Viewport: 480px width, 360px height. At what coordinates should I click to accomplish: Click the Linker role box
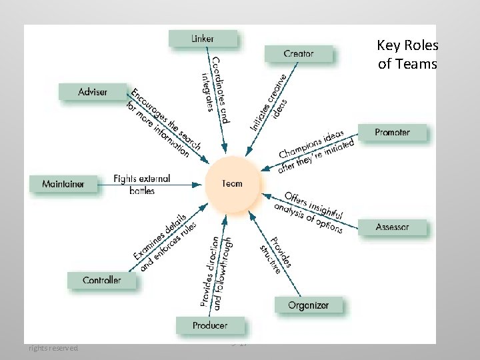click(203, 39)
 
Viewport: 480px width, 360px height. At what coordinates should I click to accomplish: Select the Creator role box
click(298, 53)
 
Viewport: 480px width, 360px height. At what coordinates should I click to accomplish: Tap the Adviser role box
click(93, 92)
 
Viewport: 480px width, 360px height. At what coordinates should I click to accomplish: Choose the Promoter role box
click(392, 133)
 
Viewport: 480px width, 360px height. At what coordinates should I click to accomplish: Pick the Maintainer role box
click(63, 183)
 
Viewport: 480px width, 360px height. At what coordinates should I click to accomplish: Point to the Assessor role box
click(392, 227)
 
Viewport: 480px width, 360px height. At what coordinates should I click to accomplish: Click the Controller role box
click(101, 280)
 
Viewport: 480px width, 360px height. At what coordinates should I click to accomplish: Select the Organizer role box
click(308, 305)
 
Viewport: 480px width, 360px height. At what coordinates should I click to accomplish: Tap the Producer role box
click(209, 325)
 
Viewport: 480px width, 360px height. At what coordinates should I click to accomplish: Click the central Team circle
click(233, 183)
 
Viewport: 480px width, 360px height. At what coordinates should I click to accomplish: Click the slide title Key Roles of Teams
click(407, 55)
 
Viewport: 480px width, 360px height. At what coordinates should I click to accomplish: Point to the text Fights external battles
click(142, 185)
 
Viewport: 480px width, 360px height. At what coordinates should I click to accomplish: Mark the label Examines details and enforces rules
click(163, 243)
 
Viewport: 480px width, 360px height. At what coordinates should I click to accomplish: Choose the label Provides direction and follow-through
click(215, 272)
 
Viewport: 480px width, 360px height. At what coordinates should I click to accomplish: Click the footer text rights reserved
click(53, 348)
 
